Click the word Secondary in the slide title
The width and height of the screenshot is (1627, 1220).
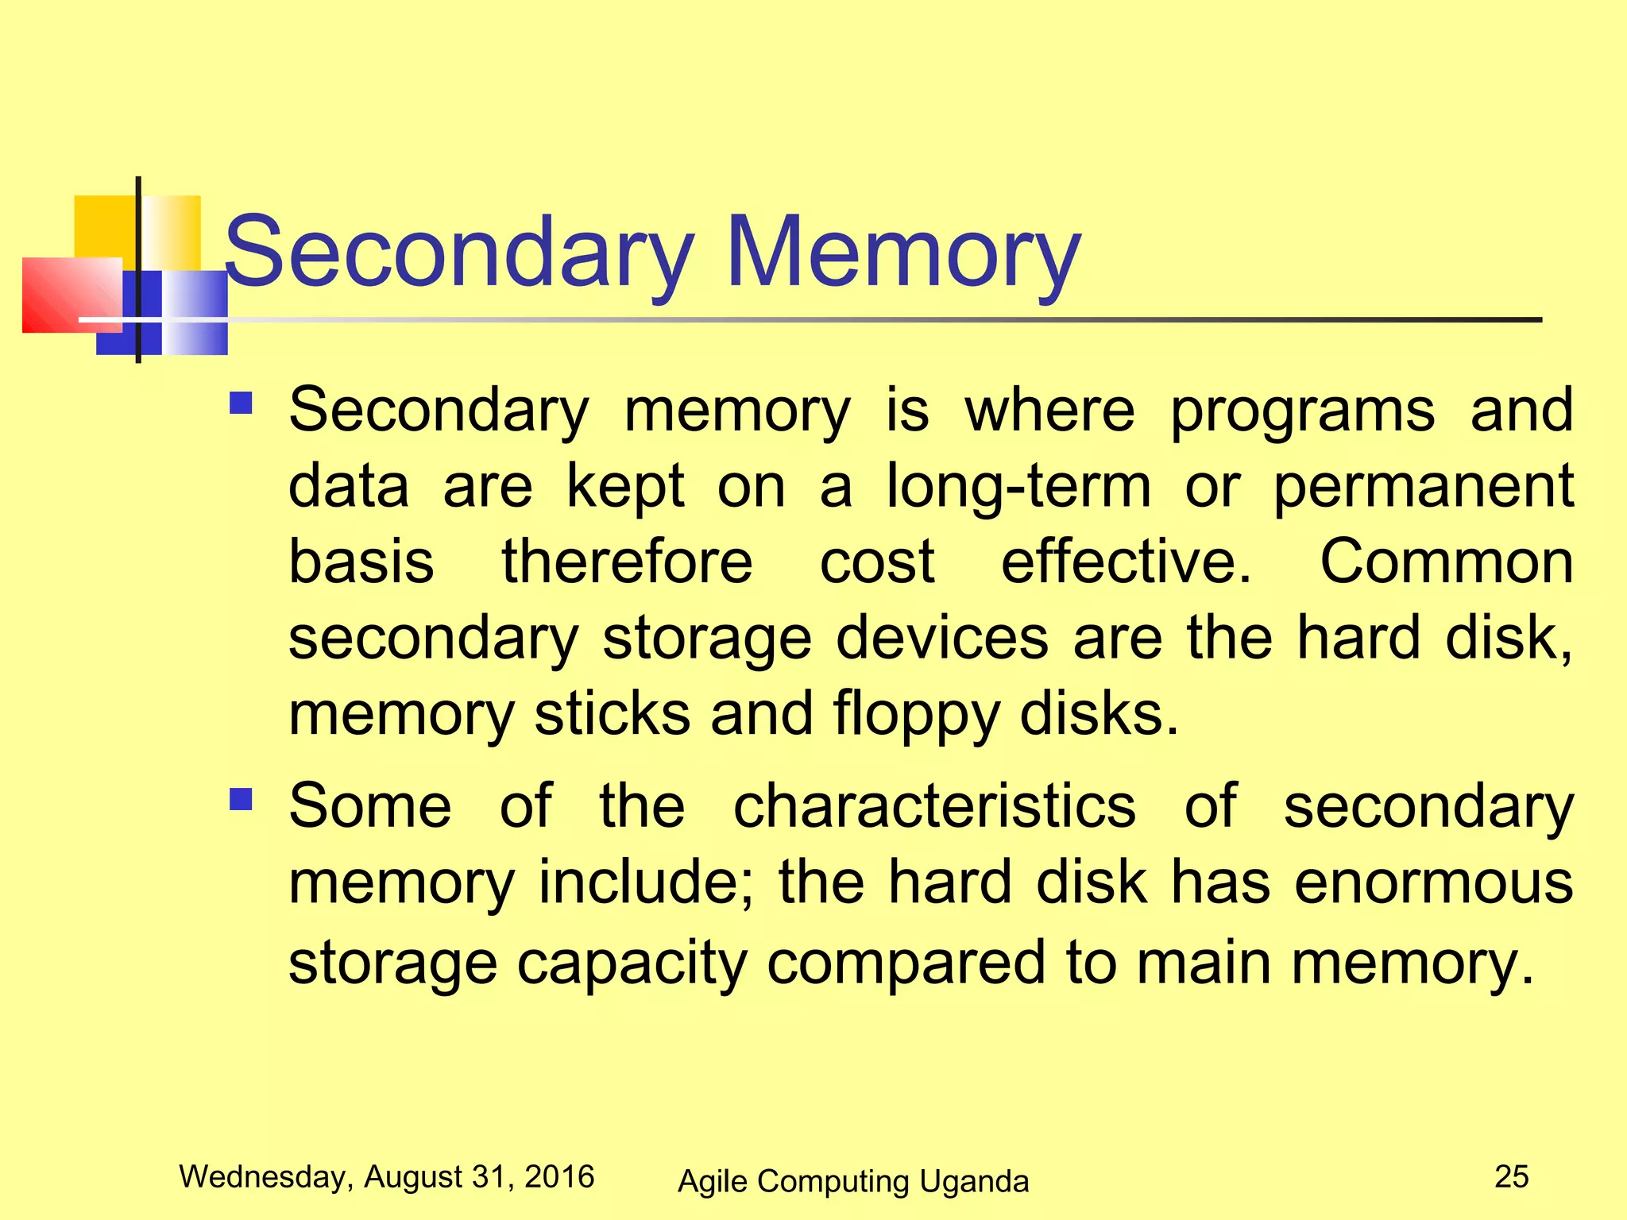(x=459, y=253)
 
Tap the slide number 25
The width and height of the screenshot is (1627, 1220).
(x=1511, y=1177)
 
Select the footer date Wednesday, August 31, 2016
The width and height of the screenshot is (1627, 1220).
(x=387, y=1177)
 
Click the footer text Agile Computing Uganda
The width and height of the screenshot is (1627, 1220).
(x=853, y=1182)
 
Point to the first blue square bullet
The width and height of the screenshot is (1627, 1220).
(x=241, y=404)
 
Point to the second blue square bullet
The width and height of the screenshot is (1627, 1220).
(x=241, y=799)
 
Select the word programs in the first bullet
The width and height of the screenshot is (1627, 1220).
(x=1303, y=411)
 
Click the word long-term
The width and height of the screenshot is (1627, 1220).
(x=1018, y=486)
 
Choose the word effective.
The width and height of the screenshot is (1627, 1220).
(x=1126, y=562)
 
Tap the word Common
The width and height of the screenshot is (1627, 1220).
(x=1446, y=562)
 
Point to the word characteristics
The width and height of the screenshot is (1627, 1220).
(x=934, y=807)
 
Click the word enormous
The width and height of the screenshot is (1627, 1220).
(x=1433, y=883)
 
